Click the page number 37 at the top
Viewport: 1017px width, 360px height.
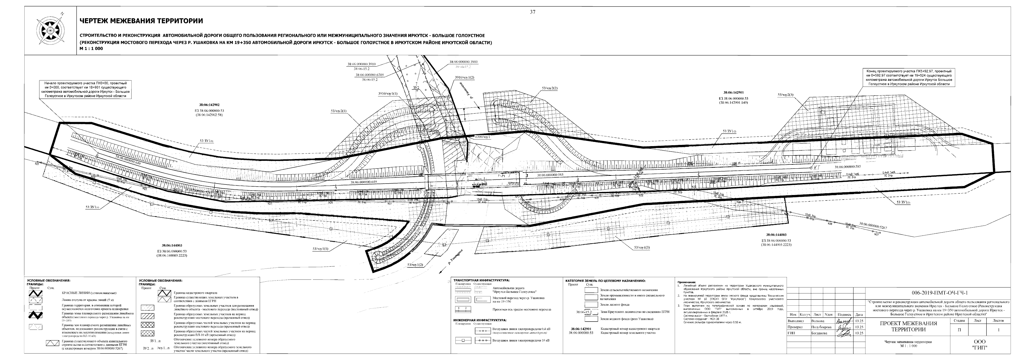point(532,12)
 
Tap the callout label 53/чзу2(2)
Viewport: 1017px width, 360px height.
point(550,88)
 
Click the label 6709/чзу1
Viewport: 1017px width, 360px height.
point(482,137)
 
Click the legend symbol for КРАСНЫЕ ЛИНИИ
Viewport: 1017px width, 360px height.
point(37,294)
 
